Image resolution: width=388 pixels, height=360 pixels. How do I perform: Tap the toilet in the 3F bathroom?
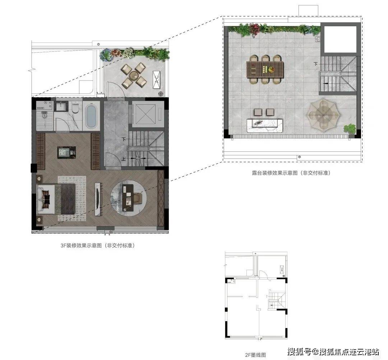coord(75,108)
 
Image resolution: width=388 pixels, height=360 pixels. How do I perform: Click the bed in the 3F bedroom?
coord(56,199)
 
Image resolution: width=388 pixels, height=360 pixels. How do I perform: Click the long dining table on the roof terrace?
coord(265,69)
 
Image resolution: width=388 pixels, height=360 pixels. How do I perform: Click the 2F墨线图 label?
coord(256,355)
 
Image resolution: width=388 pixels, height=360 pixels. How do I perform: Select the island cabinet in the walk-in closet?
coord(66,152)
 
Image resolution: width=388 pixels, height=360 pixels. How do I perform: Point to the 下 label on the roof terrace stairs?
coord(315,64)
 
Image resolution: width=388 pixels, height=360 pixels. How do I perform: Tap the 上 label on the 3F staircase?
coord(124,159)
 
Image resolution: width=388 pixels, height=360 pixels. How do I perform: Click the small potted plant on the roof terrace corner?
coord(350,129)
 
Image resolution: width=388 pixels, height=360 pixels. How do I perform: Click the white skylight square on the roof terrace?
coord(340,39)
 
